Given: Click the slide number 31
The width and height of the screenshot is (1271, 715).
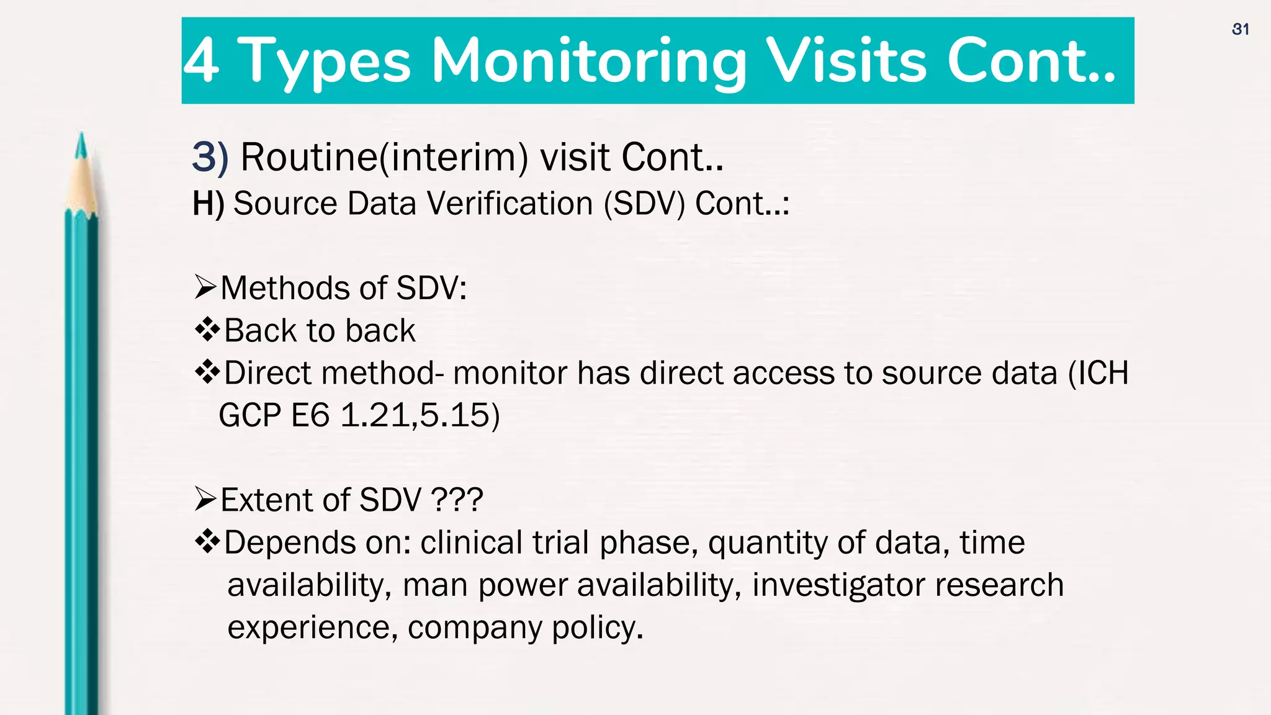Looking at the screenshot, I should coord(1240,29).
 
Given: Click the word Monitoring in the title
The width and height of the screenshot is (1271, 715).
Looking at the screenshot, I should coord(589,61).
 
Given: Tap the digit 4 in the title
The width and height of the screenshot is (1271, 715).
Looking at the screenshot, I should coord(201,61).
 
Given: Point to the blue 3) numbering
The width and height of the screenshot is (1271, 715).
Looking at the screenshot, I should coord(210,157).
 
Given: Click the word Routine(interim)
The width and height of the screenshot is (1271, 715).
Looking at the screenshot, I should coord(384,157).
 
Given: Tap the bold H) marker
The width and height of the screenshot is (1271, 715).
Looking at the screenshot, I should coord(208,204).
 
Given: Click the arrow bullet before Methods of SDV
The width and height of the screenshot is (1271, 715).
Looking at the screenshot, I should coord(205,287).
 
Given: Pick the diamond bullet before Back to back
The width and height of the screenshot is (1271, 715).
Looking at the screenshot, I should coord(207,330).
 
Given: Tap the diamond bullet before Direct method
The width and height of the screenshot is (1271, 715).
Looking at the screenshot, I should coord(207,372).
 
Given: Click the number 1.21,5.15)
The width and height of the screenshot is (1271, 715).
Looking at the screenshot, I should coord(420,415).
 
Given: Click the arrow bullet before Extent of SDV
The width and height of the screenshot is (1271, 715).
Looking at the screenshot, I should coord(205,499).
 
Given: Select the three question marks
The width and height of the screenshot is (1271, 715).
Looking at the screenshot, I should coord(457,500).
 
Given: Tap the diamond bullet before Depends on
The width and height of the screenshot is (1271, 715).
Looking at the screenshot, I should coord(207,541).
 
